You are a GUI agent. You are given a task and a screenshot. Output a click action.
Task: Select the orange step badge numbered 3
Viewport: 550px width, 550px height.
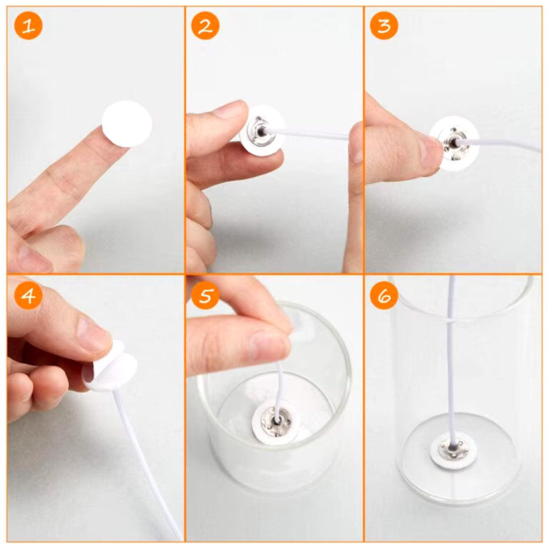(x=384, y=26)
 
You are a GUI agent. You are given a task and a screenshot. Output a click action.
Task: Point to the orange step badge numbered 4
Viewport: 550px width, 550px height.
(x=29, y=295)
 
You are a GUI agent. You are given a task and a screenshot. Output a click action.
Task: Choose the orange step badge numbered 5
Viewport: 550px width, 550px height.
(x=205, y=295)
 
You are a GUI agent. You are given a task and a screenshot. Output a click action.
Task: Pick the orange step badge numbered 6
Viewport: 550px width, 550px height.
(x=384, y=295)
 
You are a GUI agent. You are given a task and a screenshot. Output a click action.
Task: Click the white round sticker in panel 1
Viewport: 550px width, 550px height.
(x=127, y=124)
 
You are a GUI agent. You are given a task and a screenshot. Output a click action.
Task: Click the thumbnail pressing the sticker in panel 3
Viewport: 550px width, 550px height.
(x=429, y=151)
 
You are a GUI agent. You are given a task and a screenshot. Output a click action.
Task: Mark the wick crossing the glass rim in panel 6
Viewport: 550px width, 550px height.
(x=451, y=321)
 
